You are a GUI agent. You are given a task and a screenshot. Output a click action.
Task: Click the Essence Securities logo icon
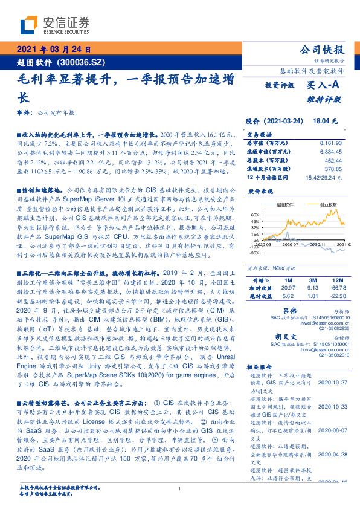[x=28, y=24]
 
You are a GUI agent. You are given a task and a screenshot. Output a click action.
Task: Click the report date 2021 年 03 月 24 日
[x=55, y=49]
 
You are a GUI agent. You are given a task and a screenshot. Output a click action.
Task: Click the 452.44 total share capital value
[x=334, y=161]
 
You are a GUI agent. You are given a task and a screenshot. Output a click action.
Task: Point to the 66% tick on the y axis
[x=254, y=214]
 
